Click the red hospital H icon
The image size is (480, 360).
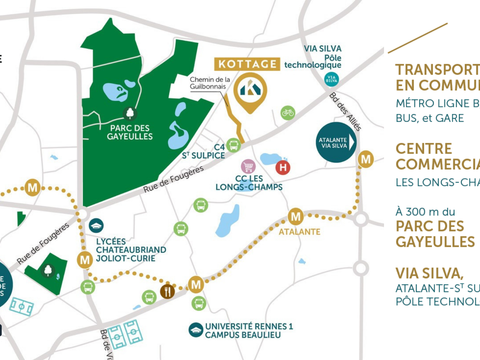click(284, 169)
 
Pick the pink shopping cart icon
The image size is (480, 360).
click(234, 145)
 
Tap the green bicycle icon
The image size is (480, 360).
click(288, 113)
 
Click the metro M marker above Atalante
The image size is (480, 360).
click(295, 216)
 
